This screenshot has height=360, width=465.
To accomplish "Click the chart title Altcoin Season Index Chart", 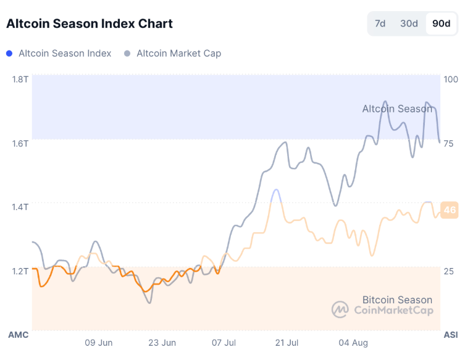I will (90, 24).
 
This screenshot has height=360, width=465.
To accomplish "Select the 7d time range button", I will (380, 24).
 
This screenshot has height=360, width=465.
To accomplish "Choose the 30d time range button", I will (409, 24).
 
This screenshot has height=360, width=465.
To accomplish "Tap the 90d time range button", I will (441, 24).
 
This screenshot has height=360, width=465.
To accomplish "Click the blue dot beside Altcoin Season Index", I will (9, 54).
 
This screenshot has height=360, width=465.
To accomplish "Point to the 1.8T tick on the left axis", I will (20, 79).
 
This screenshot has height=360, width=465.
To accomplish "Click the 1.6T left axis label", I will (20, 143).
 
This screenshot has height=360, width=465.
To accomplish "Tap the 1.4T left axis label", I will (20, 207).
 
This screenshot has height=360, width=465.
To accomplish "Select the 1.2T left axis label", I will (20, 270).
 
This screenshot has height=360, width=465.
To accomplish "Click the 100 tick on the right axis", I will (451, 79).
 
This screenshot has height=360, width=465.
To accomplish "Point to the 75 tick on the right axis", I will (449, 143).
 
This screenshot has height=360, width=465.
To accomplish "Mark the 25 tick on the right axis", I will (449, 270).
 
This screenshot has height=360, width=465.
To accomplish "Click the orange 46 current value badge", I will (450, 211).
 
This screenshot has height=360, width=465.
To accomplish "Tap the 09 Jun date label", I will (98, 342).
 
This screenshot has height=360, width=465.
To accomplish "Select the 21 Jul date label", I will (287, 342).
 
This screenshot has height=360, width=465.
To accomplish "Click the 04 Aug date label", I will (353, 342).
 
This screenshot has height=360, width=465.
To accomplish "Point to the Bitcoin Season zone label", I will (397, 300).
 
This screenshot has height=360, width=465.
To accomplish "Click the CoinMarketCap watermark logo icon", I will (340, 310).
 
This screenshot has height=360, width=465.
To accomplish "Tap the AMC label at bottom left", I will (18, 335).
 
